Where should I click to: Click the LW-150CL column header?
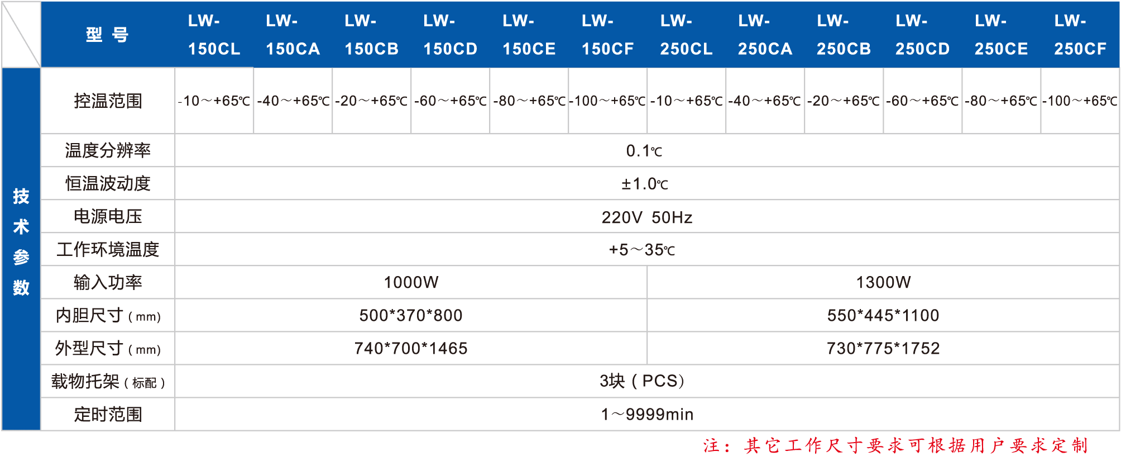coord(214,35)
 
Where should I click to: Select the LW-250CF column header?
coord(1080,35)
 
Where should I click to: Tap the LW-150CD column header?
coord(451,35)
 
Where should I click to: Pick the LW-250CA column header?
coord(765,35)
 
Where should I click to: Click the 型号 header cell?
coord(107,35)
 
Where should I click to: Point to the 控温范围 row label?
coord(108,101)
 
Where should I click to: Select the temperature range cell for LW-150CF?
coord(607,101)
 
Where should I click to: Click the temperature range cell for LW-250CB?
coord(844,101)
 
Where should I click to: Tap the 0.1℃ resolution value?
coord(644,151)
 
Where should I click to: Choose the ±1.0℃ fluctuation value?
coord(645,184)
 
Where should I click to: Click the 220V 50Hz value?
coord(646,217)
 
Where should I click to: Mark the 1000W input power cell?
coord(411,282)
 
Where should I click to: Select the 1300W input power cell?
coord(883,282)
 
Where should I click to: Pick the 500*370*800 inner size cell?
coord(411,315)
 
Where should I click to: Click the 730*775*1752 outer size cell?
coord(883,349)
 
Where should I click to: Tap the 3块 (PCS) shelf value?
coord(642,381)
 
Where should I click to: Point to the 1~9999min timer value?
coord(647,415)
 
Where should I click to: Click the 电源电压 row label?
coord(108,217)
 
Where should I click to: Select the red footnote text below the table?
coord(895,445)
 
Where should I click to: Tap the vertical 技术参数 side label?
coord(21,241)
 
